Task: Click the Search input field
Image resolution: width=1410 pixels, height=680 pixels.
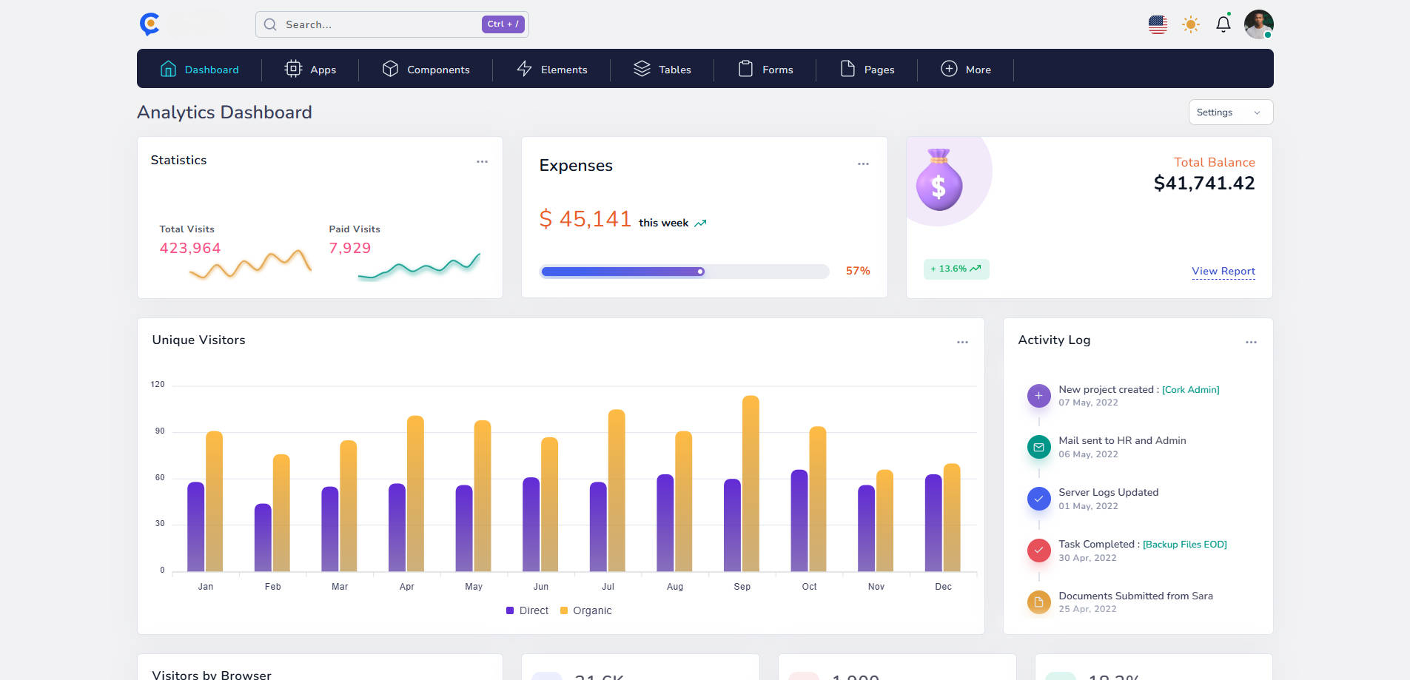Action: (x=370, y=24)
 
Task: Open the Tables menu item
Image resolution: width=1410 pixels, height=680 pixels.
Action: (x=662, y=70)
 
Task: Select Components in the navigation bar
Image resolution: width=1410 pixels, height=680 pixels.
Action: (x=426, y=70)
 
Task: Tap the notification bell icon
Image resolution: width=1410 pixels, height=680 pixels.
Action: (x=1223, y=24)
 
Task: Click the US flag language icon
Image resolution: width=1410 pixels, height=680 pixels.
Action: (x=1158, y=24)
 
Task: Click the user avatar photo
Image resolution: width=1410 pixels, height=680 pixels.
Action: (x=1258, y=24)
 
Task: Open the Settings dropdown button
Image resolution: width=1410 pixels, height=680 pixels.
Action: (x=1229, y=112)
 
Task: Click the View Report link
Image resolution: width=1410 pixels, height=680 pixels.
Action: (x=1223, y=271)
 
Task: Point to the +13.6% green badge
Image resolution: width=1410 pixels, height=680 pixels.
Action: (x=956, y=269)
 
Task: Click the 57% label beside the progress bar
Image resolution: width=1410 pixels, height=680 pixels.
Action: (x=857, y=271)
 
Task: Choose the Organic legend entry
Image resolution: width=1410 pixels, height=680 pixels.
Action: (x=586, y=610)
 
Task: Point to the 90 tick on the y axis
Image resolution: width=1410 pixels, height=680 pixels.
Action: (x=160, y=431)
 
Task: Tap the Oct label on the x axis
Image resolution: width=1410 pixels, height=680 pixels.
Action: (x=809, y=587)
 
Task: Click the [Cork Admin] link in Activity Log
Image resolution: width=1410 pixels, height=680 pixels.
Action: (x=1190, y=390)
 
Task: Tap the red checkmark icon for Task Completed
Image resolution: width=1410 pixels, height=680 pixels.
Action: (x=1038, y=550)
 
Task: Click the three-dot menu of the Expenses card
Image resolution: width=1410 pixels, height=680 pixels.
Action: (x=863, y=164)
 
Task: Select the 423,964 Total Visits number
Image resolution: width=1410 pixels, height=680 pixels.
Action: (x=190, y=249)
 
